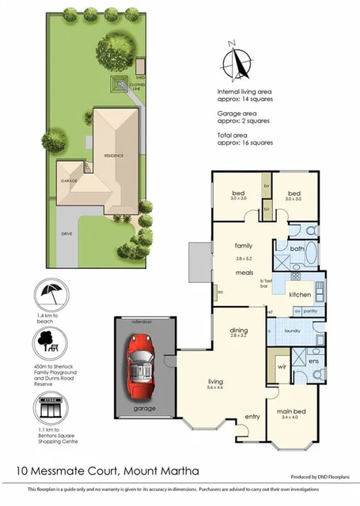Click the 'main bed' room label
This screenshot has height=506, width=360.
coord(292,411)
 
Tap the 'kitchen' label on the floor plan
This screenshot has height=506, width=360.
coord(299,294)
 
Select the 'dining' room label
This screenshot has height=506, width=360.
coord(239,330)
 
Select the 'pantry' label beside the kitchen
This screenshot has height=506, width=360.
coord(310,311)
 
